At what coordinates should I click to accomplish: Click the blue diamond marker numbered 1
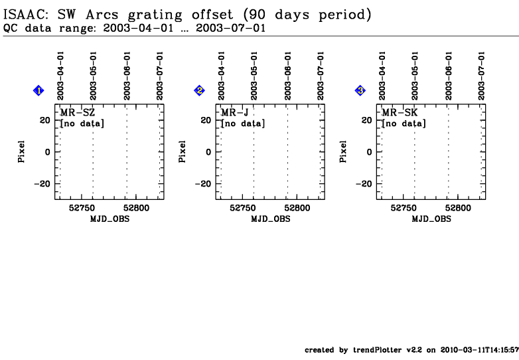pyautogui.click(x=38, y=90)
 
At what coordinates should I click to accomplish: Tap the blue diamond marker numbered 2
pyautogui.click(x=199, y=90)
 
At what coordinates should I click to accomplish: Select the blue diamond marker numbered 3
pyautogui.click(x=360, y=90)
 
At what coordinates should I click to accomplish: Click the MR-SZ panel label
pyautogui.click(x=78, y=113)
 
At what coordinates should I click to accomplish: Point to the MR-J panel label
pyautogui.click(x=235, y=113)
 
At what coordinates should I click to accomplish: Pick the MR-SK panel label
pyautogui.click(x=400, y=113)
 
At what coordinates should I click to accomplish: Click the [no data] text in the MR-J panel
pyautogui.click(x=243, y=124)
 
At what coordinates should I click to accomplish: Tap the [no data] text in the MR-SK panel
pyautogui.click(x=404, y=124)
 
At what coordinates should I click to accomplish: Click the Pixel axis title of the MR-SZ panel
pyautogui.click(x=21, y=151)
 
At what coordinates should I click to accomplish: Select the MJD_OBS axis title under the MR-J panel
pyautogui.click(x=271, y=219)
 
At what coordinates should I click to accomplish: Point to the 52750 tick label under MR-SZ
pyautogui.click(x=82, y=208)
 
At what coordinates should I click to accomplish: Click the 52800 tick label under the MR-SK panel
pyautogui.click(x=458, y=208)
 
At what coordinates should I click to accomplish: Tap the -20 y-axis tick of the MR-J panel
pyautogui.click(x=203, y=184)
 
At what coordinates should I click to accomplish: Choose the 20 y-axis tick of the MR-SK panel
pyautogui.click(x=367, y=120)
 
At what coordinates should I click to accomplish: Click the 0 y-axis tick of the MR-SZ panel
pyautogui.click(x=48, y=152)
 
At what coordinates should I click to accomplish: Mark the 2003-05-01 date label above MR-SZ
pyautogui.click(x=93, y=76)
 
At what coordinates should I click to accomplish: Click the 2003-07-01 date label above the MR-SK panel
pyautogui.click(x=481, y=76)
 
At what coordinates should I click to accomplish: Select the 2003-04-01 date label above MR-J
pyautogui.click(x=221, y=76)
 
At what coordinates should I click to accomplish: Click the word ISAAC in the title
pyautogui.click(x=26, y=15)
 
